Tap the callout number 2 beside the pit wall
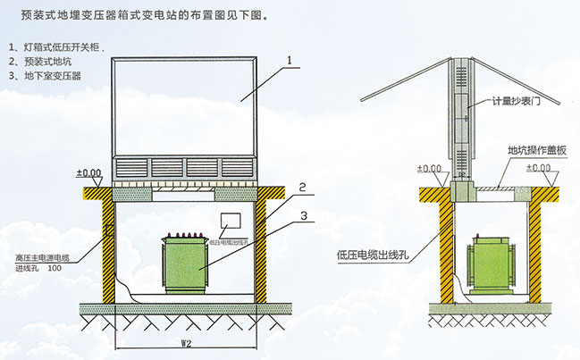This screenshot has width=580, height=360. [x=303, y=188]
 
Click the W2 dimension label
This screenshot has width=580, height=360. [x=186, y=339]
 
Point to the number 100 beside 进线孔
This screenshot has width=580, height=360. [x=55, y=267]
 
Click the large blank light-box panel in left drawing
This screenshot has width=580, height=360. [x=185, y=107]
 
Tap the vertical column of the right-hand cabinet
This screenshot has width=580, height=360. [x=463, y=116]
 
